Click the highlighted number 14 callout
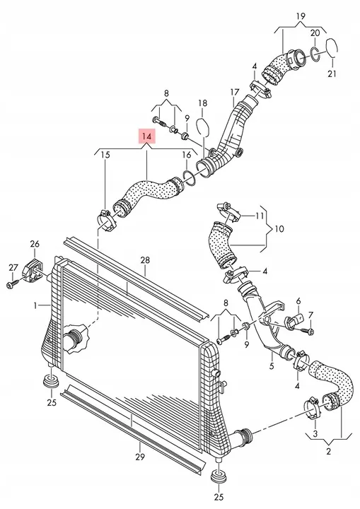click(x=147, y=136)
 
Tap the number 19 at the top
click(x=301, y=16)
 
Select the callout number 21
click(x=332, y=74)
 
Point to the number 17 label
click(x=235, y=93)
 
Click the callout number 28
click(x=145, y=259)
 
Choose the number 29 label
click(x=140, y=457)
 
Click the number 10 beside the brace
click(x=279, y=229)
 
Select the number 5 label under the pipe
click(x=272, y=366)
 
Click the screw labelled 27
click(x=11, y=285)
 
